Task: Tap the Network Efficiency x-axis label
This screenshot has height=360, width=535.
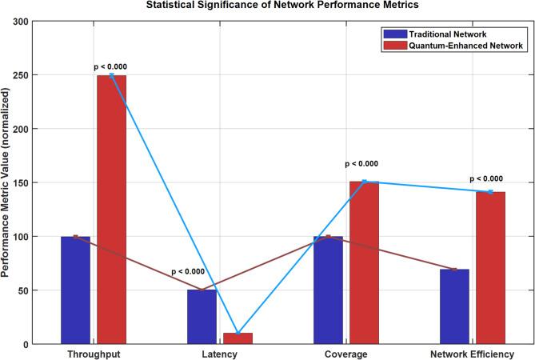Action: pos(472,353)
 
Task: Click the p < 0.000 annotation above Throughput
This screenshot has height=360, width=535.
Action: pos(110,66)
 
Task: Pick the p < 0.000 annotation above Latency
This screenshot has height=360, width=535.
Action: pos(187,271)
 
